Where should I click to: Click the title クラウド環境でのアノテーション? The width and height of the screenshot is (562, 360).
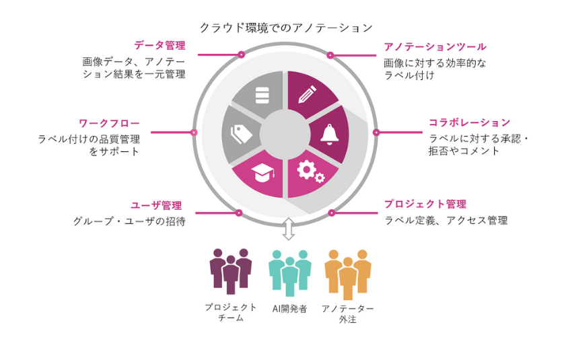285,28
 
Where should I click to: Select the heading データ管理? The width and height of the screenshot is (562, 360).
160,46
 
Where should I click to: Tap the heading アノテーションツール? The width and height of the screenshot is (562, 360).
434,46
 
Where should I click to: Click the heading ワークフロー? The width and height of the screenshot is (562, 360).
109,123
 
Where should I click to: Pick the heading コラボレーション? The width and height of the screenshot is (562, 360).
469,122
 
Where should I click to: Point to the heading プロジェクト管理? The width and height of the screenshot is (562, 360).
425,204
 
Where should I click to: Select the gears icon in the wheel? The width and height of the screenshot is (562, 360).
310,172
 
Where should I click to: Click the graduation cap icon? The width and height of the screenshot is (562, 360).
262,174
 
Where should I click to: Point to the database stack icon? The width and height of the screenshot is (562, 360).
262,94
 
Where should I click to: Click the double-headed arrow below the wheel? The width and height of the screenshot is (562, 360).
288,229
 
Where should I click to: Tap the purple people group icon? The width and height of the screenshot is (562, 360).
231,271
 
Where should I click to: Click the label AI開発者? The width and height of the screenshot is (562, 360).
289,309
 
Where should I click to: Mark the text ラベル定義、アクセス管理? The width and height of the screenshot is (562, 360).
446,220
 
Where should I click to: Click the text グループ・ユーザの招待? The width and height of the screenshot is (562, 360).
129,221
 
